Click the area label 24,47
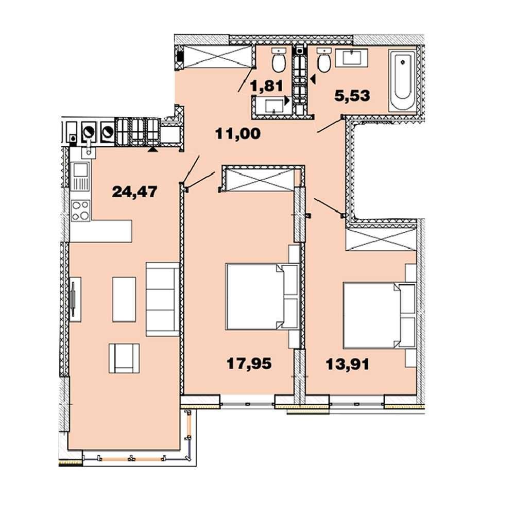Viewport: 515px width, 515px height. point(134,192)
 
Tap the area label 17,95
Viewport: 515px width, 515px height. point(249,364)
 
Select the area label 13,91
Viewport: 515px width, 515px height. point(348,364)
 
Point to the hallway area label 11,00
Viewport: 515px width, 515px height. point(238,134)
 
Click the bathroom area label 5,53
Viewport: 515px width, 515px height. point(352,96)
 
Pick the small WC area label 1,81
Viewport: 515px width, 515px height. point(266,87)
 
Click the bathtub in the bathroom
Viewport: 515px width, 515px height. point(402,80)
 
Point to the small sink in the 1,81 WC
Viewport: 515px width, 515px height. point(274,106)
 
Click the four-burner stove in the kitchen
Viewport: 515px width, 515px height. point(80,211)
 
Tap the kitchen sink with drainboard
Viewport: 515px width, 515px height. point(80,177)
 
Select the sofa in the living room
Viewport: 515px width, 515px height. point(163,299)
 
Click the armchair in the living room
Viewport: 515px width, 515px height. point(124,358)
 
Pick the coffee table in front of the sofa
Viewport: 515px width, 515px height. point(124,299)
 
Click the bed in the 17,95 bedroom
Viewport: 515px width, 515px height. point(262,297)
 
